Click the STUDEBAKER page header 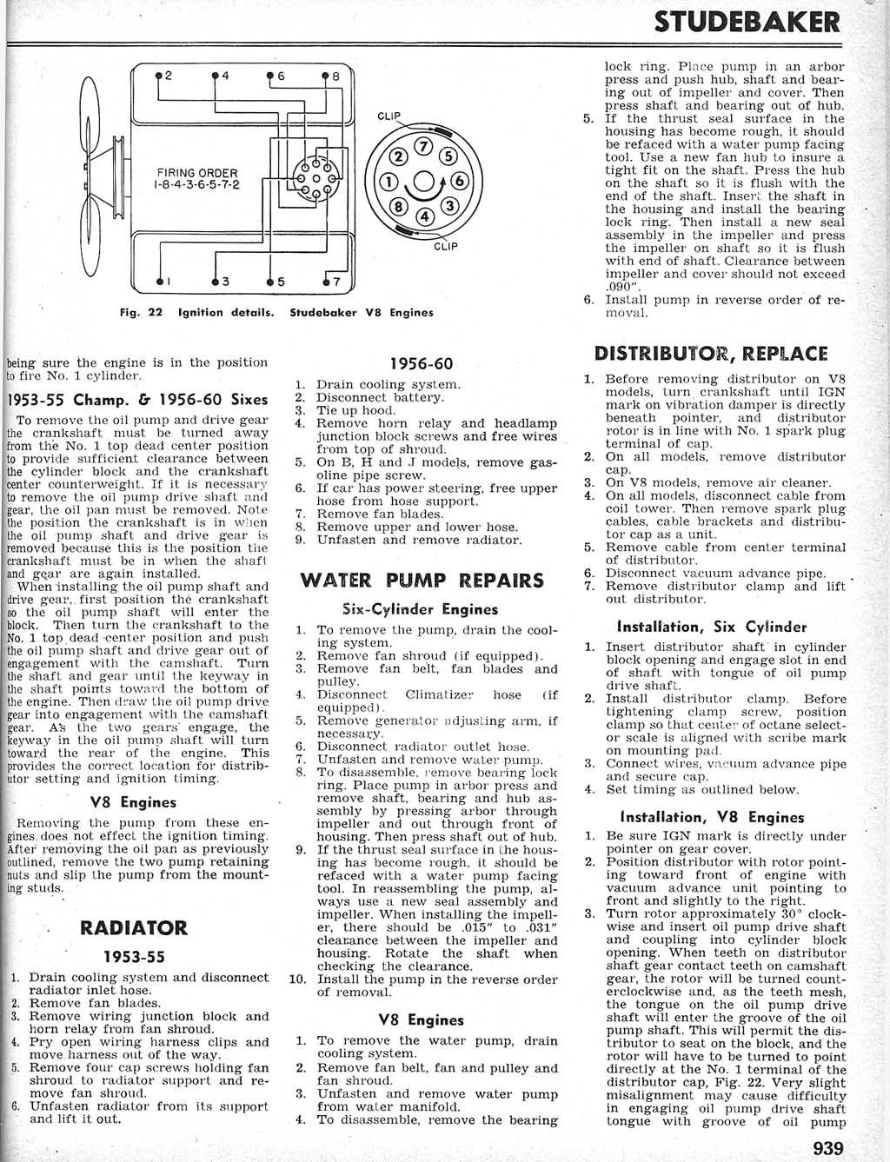(x=747, y=22)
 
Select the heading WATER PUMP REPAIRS (x=422, y=581)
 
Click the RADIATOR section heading (x=133, y=927)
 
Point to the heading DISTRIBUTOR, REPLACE (x=711, y=353)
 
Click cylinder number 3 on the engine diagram (x=223, y=281)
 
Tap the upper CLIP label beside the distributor (x=389, y=116)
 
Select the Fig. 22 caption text (x=276, y=313)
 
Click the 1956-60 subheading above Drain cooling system (x=422, y=364)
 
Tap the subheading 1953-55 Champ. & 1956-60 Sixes (x=137, y=400)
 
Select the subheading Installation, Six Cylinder (x=711, y=627)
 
